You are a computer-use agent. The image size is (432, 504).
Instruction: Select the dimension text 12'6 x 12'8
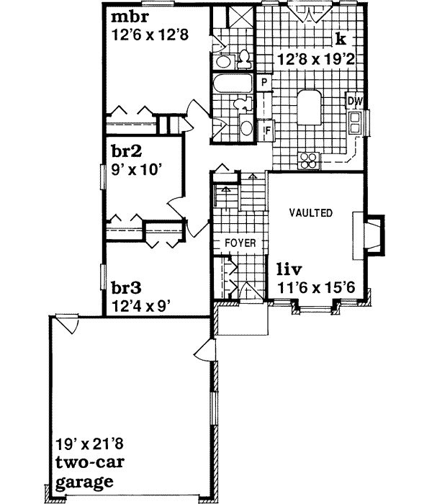click(150, 34)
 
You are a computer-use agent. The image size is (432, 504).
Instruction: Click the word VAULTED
click(311, 213)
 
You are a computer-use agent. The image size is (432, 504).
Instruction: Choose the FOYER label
click(240, 243)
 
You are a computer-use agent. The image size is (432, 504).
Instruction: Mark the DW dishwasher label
click(354, 101)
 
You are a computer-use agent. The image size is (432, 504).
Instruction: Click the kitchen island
click(310, 108)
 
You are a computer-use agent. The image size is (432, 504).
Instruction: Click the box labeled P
click(264, 82)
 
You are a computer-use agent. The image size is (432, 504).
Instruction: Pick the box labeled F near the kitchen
click(266, 130)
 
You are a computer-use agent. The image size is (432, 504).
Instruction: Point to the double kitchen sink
click(354, 123)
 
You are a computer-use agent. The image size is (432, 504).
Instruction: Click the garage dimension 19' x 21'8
click(85, 444)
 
